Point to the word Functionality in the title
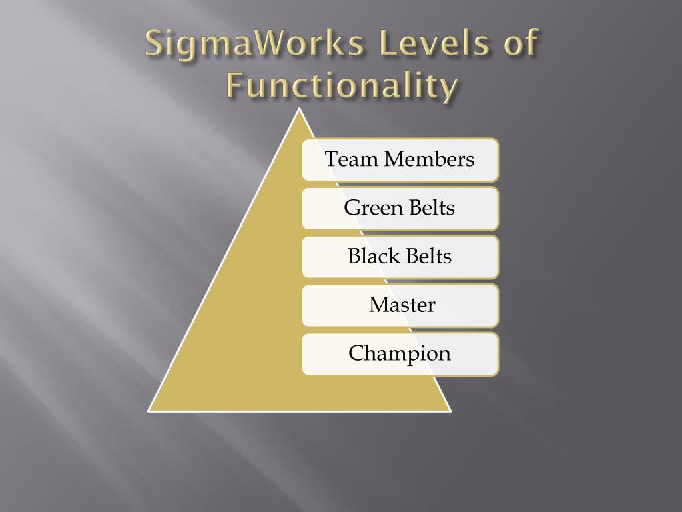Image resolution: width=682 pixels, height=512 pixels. pos(342,87)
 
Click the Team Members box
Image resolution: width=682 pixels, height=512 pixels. pos(400,159)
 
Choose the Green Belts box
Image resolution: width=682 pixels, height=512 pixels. pos(400,208)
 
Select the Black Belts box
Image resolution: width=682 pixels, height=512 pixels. pos(400,257)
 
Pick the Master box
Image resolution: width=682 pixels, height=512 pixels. pos(400,305)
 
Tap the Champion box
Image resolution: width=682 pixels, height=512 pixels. pos(400,354)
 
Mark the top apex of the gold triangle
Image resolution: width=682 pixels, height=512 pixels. pos(300,109)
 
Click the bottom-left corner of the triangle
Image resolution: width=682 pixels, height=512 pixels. pos(149,411)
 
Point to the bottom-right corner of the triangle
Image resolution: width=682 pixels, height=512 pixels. pos(451,411)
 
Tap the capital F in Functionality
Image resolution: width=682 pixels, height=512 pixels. pos(233,87)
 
